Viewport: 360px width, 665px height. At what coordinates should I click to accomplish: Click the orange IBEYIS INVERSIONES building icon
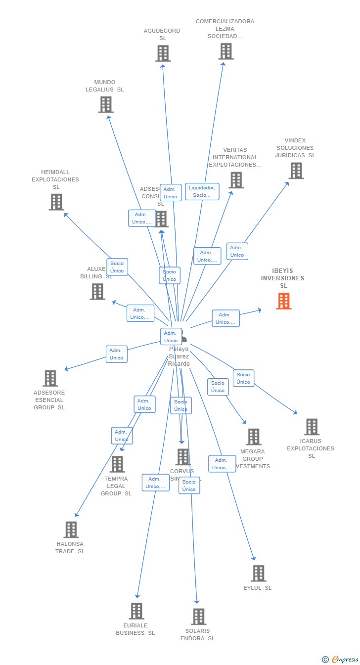[x=283, y=301]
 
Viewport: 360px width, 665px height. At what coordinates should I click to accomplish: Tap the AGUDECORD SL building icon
[x=163, y=53]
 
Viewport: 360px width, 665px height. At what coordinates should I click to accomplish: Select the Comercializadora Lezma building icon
[x=225, y=51]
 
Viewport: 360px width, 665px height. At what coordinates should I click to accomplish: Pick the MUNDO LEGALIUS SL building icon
[x=105, y=104]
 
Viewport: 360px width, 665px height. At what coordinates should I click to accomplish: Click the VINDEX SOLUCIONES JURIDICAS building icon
[x=296, y=171]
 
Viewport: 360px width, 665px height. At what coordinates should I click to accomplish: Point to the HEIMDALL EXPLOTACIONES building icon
[x=56, y=202]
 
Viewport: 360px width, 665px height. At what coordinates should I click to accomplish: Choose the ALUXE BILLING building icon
[x=97, y=291]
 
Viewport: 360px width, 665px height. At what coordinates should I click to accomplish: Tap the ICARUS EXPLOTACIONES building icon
[x=312, y=427]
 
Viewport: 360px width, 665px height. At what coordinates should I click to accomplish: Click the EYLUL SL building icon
[x=258, y=574]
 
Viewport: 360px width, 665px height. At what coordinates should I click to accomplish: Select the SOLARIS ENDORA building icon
[x=198, y=617]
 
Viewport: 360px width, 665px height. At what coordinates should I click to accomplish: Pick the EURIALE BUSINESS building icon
[x=136, y=611]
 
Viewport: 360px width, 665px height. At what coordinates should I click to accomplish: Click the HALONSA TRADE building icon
[x=71, y=530]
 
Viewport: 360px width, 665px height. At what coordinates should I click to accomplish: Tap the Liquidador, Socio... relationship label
[x=202, y=191]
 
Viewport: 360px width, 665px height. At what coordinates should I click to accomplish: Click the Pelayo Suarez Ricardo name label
[x=179, y=356]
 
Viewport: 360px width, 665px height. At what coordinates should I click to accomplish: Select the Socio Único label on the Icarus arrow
[x=243, y=378]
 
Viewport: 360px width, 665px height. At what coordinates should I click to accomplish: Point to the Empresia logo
[x=341, y=659]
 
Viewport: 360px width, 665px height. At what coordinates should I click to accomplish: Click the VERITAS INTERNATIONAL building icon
[x=236, y=180]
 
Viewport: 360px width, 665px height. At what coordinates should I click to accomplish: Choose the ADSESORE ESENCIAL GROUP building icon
[x=50, y=378]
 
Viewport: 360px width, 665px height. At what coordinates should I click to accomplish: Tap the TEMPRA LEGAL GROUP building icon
[x=117, y=464]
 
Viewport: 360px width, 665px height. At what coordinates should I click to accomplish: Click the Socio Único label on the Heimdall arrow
[x=117, y=267]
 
